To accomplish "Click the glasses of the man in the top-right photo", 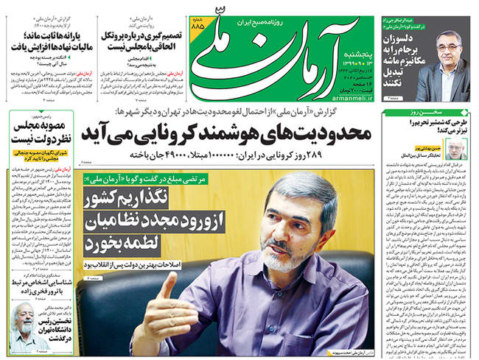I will click(450, 46).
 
